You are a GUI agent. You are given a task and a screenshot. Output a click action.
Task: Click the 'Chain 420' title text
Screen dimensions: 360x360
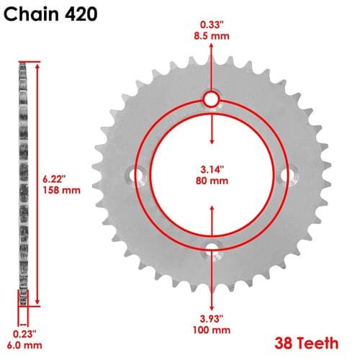(x=50, y=14)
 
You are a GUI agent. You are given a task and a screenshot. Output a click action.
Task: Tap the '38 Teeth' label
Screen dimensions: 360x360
(x=307, y=343)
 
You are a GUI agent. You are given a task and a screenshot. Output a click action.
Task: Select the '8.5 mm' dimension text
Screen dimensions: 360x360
(x=212, y=37)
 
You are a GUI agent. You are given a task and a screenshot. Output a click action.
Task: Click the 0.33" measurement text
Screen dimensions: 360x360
(x=212, y=24)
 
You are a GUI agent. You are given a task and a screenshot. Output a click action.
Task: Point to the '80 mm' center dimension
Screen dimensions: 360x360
(x=212, y=181)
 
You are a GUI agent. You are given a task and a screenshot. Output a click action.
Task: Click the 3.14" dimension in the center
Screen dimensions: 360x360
(x=212, y=169)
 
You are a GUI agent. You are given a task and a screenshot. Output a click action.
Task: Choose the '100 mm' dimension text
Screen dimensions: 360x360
(x=212, y=330)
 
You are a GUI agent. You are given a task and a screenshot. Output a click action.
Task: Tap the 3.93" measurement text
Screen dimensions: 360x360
(x=212, y=319)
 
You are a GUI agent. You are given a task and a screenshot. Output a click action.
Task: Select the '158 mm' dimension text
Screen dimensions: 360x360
(x=62, y=190)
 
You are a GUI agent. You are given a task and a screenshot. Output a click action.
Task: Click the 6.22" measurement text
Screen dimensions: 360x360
(x=54, y=179)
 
